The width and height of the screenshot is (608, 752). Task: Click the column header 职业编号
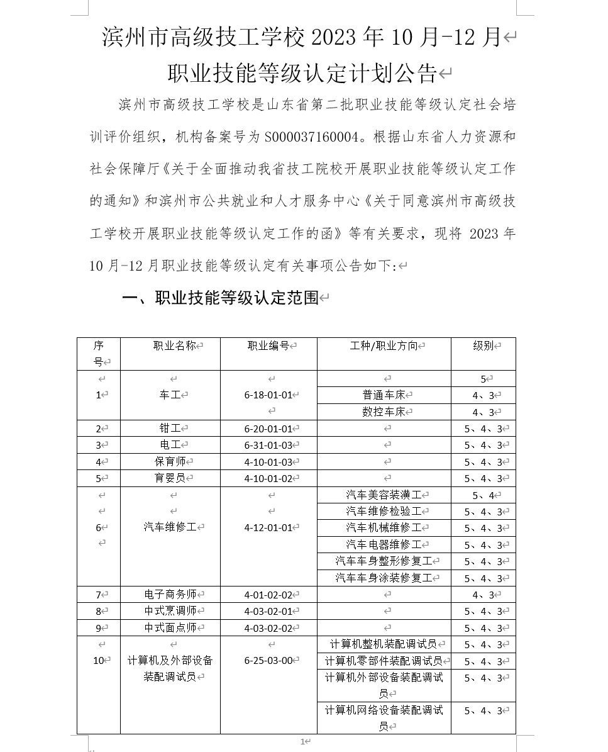pyautogui.click(x=268, y=345)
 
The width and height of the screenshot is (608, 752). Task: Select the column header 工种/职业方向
pyautogui.click(x=384, y=345)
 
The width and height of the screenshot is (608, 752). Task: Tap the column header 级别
pyautogui.click(x=483, y=345)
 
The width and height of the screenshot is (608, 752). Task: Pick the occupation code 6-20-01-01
pyautogui.click(x=268, y=429)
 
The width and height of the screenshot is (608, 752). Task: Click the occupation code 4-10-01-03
pyautogui.click(x=268, y=462)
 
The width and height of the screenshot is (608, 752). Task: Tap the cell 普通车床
pyautogui.click(x=384, y=395)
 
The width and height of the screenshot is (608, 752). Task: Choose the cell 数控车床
pyautogui.click(x=384, y=412)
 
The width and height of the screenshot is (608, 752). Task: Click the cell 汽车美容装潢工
pyautogui.click(x=384, y=495)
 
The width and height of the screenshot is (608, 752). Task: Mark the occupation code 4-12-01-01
pyautogui.click(x=268, y=527)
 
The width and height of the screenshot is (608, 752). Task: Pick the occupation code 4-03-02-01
pyautogui.click(x=268, y=611)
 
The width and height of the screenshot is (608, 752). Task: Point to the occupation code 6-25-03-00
pyautogui.click(x=268, y=660)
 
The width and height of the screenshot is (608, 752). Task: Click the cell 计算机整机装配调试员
pyautogui.click(x=384, y=644)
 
